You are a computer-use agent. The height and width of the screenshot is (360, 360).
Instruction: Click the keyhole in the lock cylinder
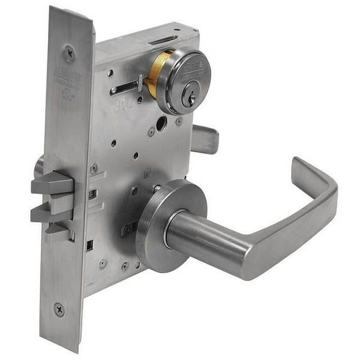pos(192,96)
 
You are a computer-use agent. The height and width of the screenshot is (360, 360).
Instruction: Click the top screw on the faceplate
pos(69,52)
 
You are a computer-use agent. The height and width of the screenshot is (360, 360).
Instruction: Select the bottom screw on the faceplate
pos(59,308)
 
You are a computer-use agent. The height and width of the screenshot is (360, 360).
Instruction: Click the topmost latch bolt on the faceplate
pos(52,184)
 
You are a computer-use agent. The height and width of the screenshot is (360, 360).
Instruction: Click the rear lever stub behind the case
pos(205,138)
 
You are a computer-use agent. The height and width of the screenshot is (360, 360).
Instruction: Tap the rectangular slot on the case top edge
pos(164,41)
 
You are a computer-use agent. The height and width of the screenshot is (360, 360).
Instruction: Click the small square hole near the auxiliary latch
pos(89,246)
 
